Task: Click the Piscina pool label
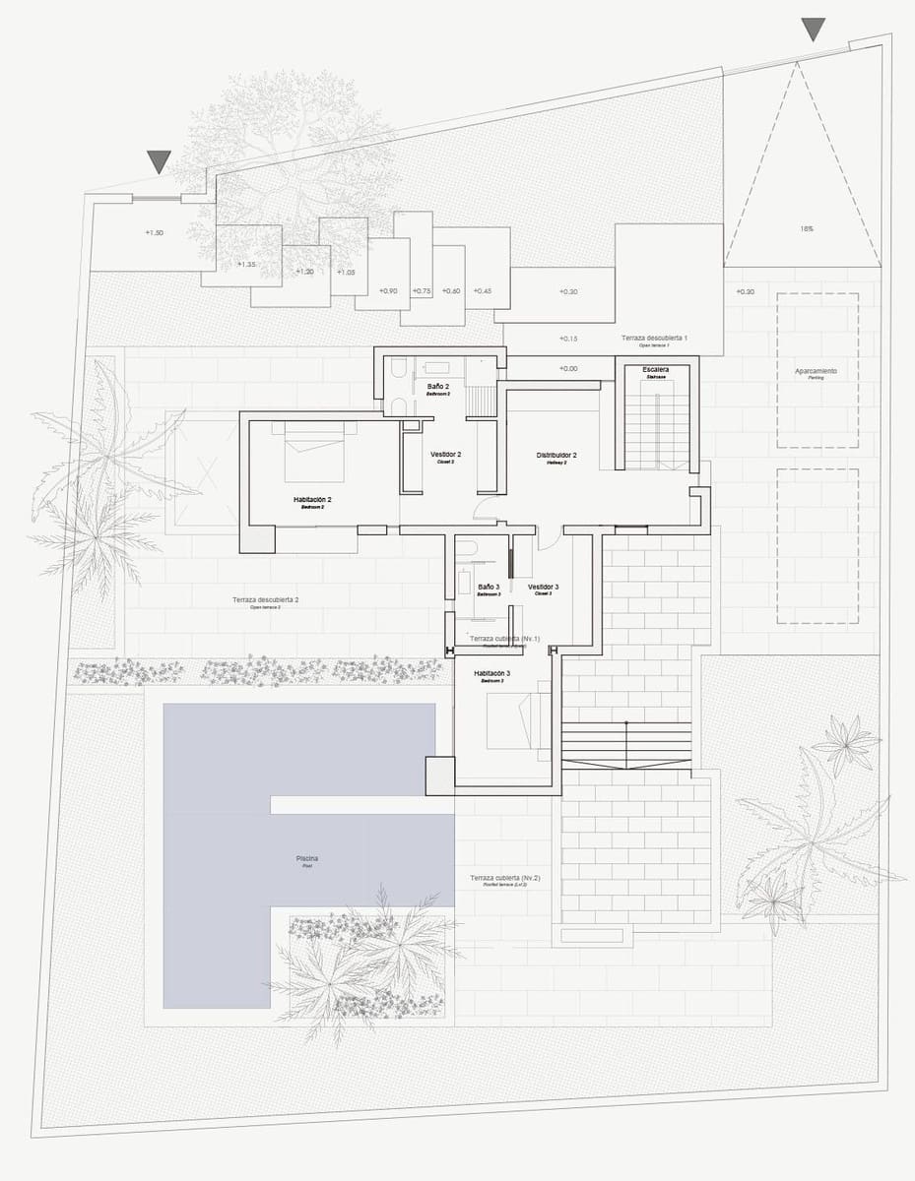tap(307, 859)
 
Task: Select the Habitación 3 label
tap(492, 673)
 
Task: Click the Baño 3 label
tap(489, 587)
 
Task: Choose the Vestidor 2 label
tap(445, 455)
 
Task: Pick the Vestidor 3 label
tap(543, 587)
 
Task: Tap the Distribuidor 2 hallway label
tap(556, 456)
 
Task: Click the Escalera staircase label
tap(656, 370)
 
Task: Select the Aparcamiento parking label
tap(816, 371)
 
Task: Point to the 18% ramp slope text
tap(806, 228)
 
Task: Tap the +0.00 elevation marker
tap(567, 368)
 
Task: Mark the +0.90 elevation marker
tap(388, 290)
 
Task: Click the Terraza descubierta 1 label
tap(654, 338)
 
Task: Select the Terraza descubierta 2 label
tap(265, 599)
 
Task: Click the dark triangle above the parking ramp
tap(813, 29)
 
